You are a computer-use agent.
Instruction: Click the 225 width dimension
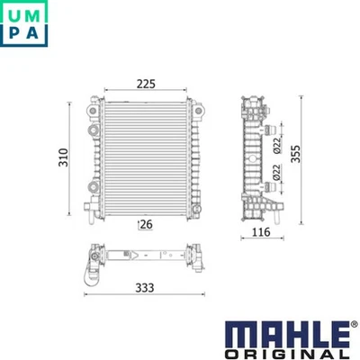click(x=147, y=84)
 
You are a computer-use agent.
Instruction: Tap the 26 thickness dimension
click(x=144, y=223)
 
